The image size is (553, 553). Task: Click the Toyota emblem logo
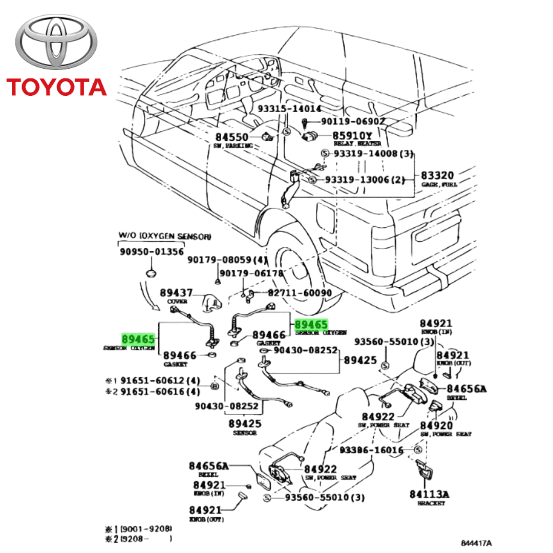(55, 45)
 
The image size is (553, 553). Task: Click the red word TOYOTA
(56, 87)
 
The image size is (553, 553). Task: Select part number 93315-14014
(289, 109)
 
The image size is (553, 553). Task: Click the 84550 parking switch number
(231, 137)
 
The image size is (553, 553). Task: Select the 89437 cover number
(176, 293)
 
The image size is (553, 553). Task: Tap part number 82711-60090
(300, 293)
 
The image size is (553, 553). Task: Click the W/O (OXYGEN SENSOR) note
(164, 236)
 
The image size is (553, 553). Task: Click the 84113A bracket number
(429, 494)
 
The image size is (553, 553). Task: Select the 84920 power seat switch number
(436, 426)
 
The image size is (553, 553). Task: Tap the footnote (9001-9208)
(146, 528)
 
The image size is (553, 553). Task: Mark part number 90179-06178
(254, 273)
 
